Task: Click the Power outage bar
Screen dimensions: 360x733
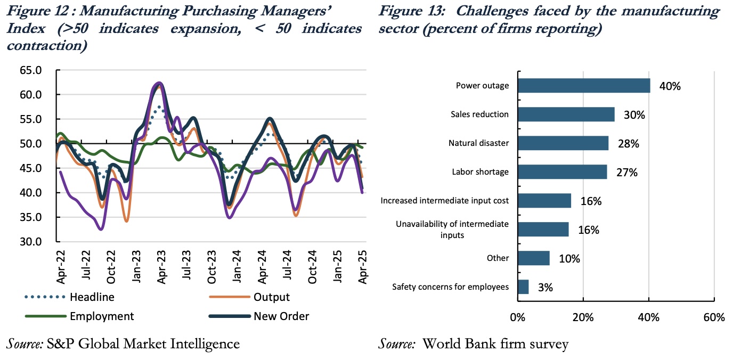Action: click(x=584, y=86)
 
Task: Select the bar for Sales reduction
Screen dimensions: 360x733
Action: click(x=566, y=114)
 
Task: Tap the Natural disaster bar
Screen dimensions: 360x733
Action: click(x=563, y=143)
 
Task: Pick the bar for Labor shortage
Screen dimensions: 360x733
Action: click(x=562, y=172)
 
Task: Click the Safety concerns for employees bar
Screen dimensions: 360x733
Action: click(x=523, y=287)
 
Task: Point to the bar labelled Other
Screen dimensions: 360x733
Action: click(x=534, y=258)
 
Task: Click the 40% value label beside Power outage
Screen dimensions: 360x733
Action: click(x=670, y=86)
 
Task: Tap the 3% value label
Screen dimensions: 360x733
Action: click(x=545, y=288)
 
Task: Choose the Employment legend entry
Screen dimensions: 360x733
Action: click(x=102, y=316)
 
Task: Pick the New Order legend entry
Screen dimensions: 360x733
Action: click(x=281, y=316)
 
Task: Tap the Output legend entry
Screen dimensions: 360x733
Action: click(x=272, y=297)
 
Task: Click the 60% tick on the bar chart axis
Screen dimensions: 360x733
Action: click(x=714, y=318)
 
